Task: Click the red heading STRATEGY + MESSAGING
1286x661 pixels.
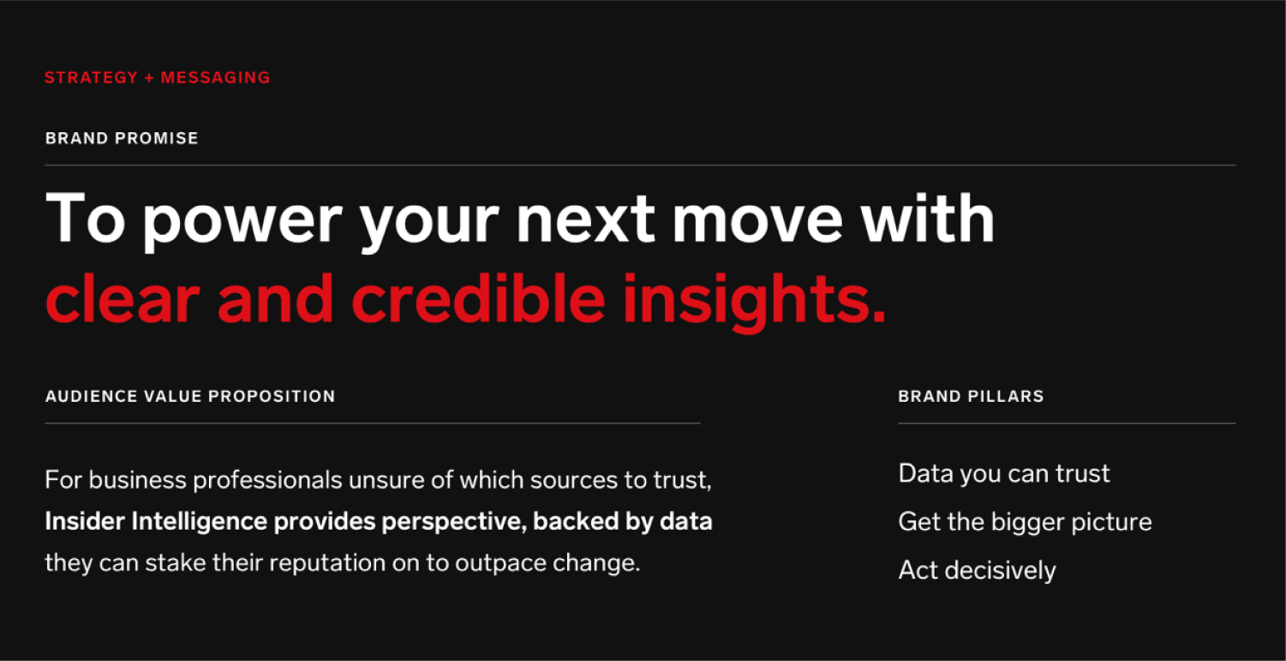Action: tap(158, 77)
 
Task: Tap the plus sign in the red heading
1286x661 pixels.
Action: tap(149, 78)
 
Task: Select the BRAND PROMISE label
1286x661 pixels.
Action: tap(122, 138)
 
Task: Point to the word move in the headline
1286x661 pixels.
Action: tap(757, 219)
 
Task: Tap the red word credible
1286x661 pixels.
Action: tap(478, 297)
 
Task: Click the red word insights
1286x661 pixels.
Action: tap(754, 302)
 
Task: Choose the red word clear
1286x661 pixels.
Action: tap(123, 297)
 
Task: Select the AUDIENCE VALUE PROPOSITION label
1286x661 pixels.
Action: tap(190, 396)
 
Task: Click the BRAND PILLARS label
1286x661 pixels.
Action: tap(971, 396)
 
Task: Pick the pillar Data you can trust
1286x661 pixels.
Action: tap(1003, 474)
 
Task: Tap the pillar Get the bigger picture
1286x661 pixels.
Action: tap(1025, 523)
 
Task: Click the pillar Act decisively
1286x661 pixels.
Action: tap(977, 571)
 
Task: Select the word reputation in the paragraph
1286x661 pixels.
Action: tap(327, 563)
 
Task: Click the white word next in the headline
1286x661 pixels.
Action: tap(585, 219)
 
